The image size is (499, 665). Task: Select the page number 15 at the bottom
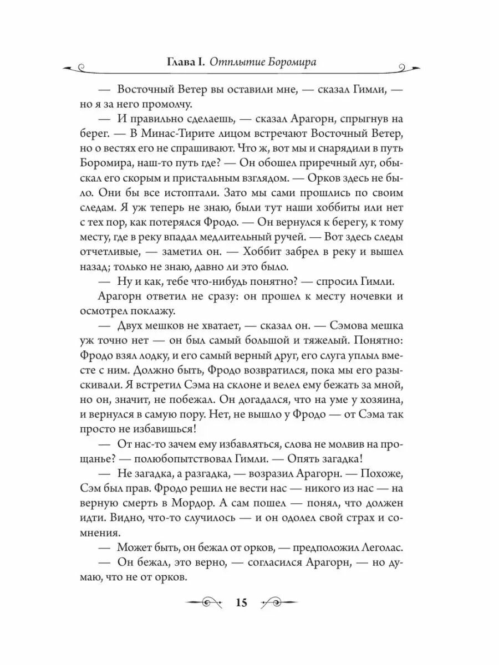(243, 603)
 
